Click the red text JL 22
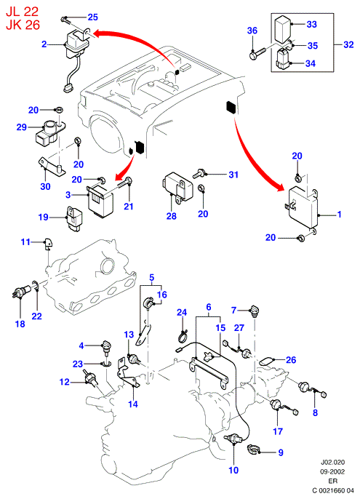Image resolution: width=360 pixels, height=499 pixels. [22, 11]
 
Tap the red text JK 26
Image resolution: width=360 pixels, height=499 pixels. [23, 25]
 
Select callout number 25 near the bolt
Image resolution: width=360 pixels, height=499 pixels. [92, 17]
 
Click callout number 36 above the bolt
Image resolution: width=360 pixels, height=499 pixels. [252, 31]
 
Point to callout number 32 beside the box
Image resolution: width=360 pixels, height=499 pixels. [348, 44]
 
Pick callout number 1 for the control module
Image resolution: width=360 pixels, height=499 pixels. [340, 215]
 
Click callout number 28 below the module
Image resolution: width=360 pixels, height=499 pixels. [171, 216]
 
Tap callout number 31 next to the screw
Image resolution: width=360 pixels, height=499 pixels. [233, 175]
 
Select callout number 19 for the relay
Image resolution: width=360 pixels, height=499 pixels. [44, 217]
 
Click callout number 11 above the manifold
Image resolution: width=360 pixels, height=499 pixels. [25, 241]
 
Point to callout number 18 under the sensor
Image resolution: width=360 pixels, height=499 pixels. [20, 324]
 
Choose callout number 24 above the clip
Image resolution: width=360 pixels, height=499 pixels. [182, 313]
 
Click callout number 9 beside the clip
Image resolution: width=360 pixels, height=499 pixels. [281, 452]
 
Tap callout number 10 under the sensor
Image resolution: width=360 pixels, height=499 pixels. [233, 470]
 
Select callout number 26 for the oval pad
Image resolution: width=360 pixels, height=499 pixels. [291, 360]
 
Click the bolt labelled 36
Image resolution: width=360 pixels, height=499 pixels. [257, 54]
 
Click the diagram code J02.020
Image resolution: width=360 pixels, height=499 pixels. [332, 462]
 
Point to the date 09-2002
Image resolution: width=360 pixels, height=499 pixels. [332, 471]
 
